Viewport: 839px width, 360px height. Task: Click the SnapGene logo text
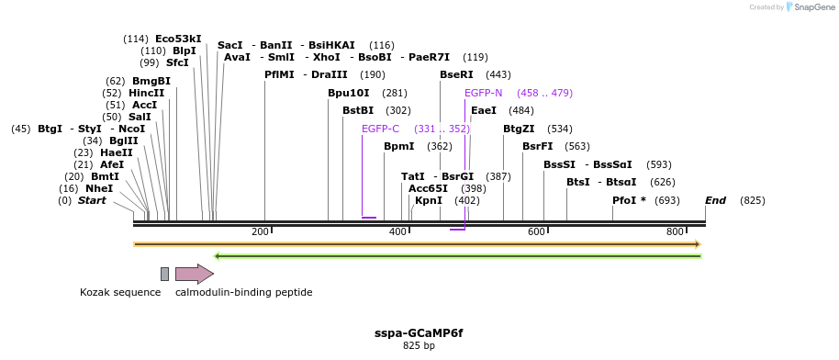click(x=813, y=7)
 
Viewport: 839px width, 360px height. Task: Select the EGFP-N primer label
click(x=483, y=93)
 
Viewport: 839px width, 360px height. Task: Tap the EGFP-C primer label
click(x=380, y=129)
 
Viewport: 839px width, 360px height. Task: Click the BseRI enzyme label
click(x=456, y=74)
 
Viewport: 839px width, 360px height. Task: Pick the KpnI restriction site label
click(x=429, y=200)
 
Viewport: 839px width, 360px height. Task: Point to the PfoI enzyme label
click(x=629, y=200)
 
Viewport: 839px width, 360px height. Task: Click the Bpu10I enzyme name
click(x=348, y=93)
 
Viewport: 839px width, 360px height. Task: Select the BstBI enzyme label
click(x=358, y=110)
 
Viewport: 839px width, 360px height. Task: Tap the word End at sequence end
click(x=715, y=200)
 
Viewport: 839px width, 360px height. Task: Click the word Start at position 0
click(x=92, y=200)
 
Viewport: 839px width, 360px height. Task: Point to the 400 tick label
click(x=397, y=231)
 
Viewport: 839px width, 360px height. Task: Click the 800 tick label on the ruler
click(x=675, y=231)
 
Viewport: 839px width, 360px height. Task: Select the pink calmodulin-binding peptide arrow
click(x=194, y=274)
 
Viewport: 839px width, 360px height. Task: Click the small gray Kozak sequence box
click(x=164, y=274)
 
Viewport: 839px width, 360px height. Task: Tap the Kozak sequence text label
click(x=120, y=293)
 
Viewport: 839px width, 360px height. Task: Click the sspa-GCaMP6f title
click(x=419, y=332)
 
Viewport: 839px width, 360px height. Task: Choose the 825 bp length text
click(x=419, y=346)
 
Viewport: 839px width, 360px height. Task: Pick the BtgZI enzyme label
click(x=519, y=129)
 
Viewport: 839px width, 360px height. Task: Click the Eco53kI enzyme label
click(x=178, y=39)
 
